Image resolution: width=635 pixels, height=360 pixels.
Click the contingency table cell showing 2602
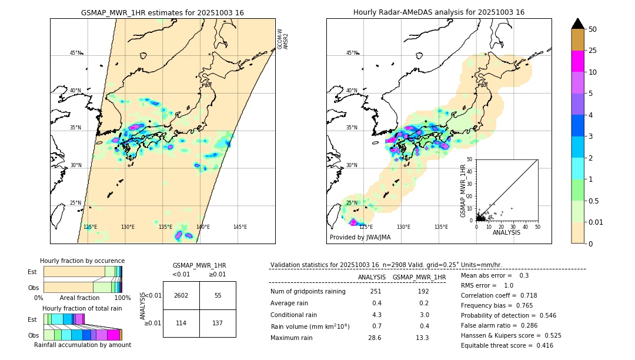(x=181, y=295)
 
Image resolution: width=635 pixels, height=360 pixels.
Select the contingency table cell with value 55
(x=218, y=295)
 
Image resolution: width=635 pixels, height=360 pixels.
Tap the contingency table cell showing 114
(x=181, y=324)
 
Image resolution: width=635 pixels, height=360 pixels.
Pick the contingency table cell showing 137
(x=218, y=324)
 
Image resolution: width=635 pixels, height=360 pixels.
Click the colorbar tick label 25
(x=593, y=51)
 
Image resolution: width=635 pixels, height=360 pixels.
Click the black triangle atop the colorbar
(x=578, y=24)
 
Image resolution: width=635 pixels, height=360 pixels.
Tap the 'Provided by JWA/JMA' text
(x=360, y=238)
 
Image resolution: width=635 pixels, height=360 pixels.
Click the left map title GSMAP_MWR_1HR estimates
(x=162, y=12)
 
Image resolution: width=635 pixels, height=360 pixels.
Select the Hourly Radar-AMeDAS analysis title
(x=439, y=12)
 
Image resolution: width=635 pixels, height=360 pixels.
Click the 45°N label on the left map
(x=75, y=53)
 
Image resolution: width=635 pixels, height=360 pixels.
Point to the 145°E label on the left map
(x=240, y=227)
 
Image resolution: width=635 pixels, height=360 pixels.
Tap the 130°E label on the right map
(x=403, y=227)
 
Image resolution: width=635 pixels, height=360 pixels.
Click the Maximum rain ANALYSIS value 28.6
(x=375, y=338)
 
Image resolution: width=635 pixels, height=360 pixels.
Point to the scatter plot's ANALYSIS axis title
(x=506, y=232)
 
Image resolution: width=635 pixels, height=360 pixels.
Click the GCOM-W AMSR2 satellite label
(x=283, y=39)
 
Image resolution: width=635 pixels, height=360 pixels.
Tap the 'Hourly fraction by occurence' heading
(x=82, y=261)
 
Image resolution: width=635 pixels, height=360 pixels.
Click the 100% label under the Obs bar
(x=122, y=298)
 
